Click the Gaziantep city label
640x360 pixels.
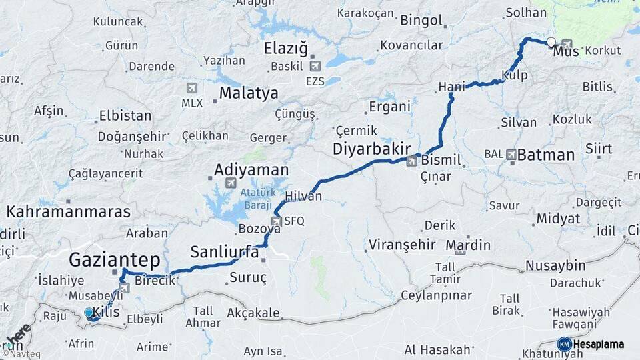pos(115,259)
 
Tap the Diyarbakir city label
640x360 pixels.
pos(371,149)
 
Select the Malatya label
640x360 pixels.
pos(249,93)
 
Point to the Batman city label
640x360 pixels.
pos(545,155)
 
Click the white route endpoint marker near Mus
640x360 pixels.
pos(551,43)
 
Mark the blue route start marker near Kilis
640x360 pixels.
pos(89,312)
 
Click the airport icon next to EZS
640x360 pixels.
pos(315,65)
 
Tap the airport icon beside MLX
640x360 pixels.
pos(192,88)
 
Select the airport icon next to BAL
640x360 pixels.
pos(511,154)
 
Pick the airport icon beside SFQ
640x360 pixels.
pos(276,221)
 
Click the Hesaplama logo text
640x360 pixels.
pos(598,345)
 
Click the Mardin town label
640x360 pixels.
pos(468,245)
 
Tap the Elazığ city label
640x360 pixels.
pos(286,48)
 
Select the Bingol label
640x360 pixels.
pos(421,20)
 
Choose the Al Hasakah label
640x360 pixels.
pos(437,349)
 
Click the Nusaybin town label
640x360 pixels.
pos(555,265)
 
